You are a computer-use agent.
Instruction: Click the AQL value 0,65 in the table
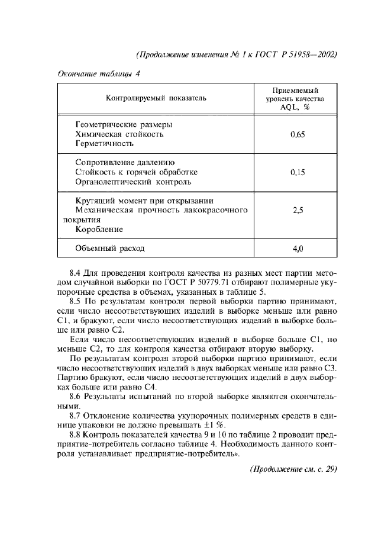click(298, 134)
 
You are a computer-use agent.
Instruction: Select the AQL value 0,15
click(298, 172)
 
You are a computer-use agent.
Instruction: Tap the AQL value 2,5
click(298, 210)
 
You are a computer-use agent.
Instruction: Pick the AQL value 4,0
click(298, 249)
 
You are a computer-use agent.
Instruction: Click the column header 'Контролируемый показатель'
click(156, 98)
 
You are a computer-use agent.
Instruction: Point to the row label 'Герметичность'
click(105, 143)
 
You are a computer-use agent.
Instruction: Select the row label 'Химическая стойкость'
click(119, 134)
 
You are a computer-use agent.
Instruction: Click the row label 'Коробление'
click(99, 228)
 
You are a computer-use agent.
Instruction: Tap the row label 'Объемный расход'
click(110, 249)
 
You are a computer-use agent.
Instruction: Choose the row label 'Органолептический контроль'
click(133, 181)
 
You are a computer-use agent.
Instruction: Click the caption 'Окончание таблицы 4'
click(98, 74)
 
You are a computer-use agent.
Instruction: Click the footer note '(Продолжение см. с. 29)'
click(293, 469)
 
